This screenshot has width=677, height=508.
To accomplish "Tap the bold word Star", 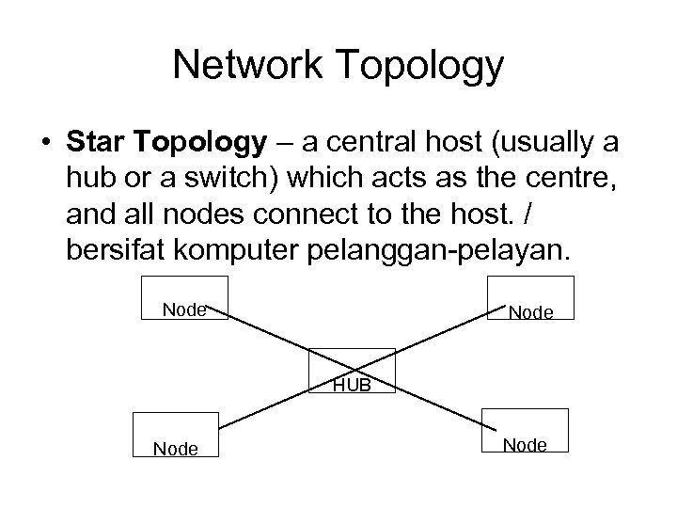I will [99, 142].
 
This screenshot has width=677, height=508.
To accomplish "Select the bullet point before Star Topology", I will [44, 144].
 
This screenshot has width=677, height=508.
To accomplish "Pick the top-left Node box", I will [184, 297].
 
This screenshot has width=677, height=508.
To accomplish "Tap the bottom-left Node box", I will [176, 437].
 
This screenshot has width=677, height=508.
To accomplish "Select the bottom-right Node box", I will [526, 432].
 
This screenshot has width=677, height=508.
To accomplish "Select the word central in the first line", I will [370, 143].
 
